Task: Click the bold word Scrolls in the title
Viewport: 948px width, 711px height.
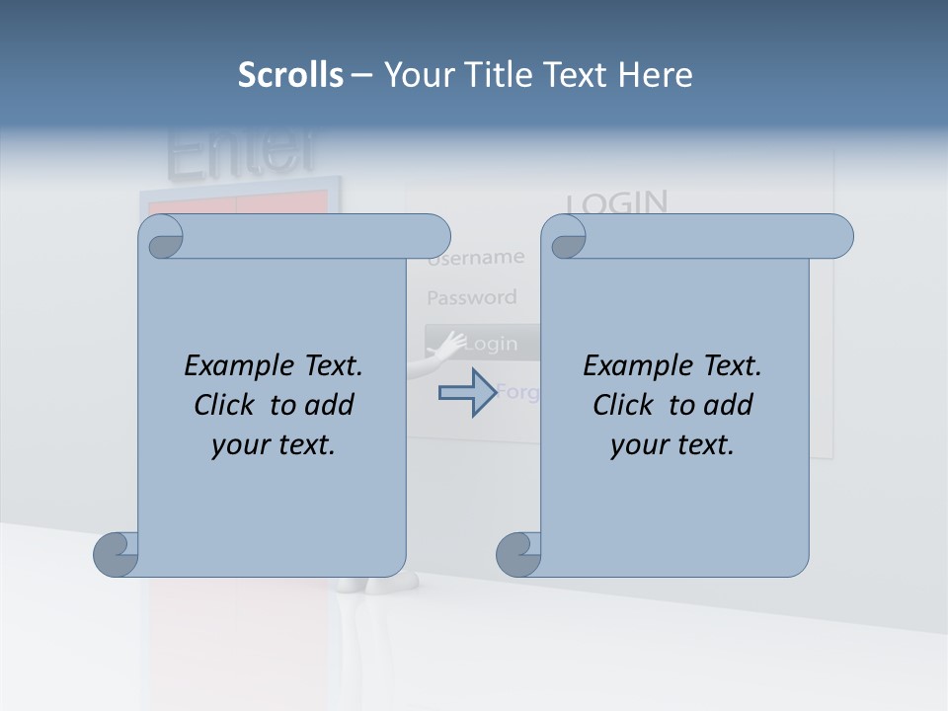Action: (291, 75)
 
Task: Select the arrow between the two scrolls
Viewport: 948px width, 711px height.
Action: (467, 392)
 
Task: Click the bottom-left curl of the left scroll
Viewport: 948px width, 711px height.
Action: (116, 554)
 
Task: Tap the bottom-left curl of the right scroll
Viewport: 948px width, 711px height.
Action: (518, 554)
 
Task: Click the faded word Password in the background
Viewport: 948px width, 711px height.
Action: (471, 297)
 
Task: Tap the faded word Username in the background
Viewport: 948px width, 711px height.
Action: (477, 259)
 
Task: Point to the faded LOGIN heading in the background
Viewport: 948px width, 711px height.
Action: (617, 202)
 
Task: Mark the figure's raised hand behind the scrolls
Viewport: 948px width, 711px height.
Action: (451, 344)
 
